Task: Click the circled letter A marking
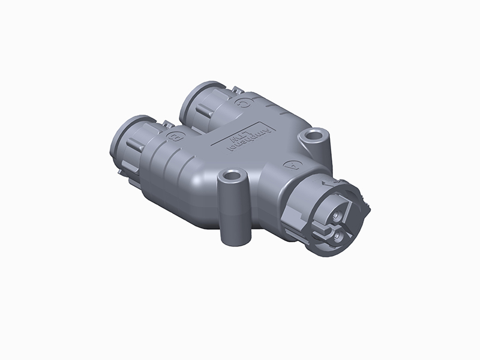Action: [x=293, y=163]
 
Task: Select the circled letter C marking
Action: [x=242, y=104]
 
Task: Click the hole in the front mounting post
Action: [x=230, y=178]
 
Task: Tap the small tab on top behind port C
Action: [x=235, y=92]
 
